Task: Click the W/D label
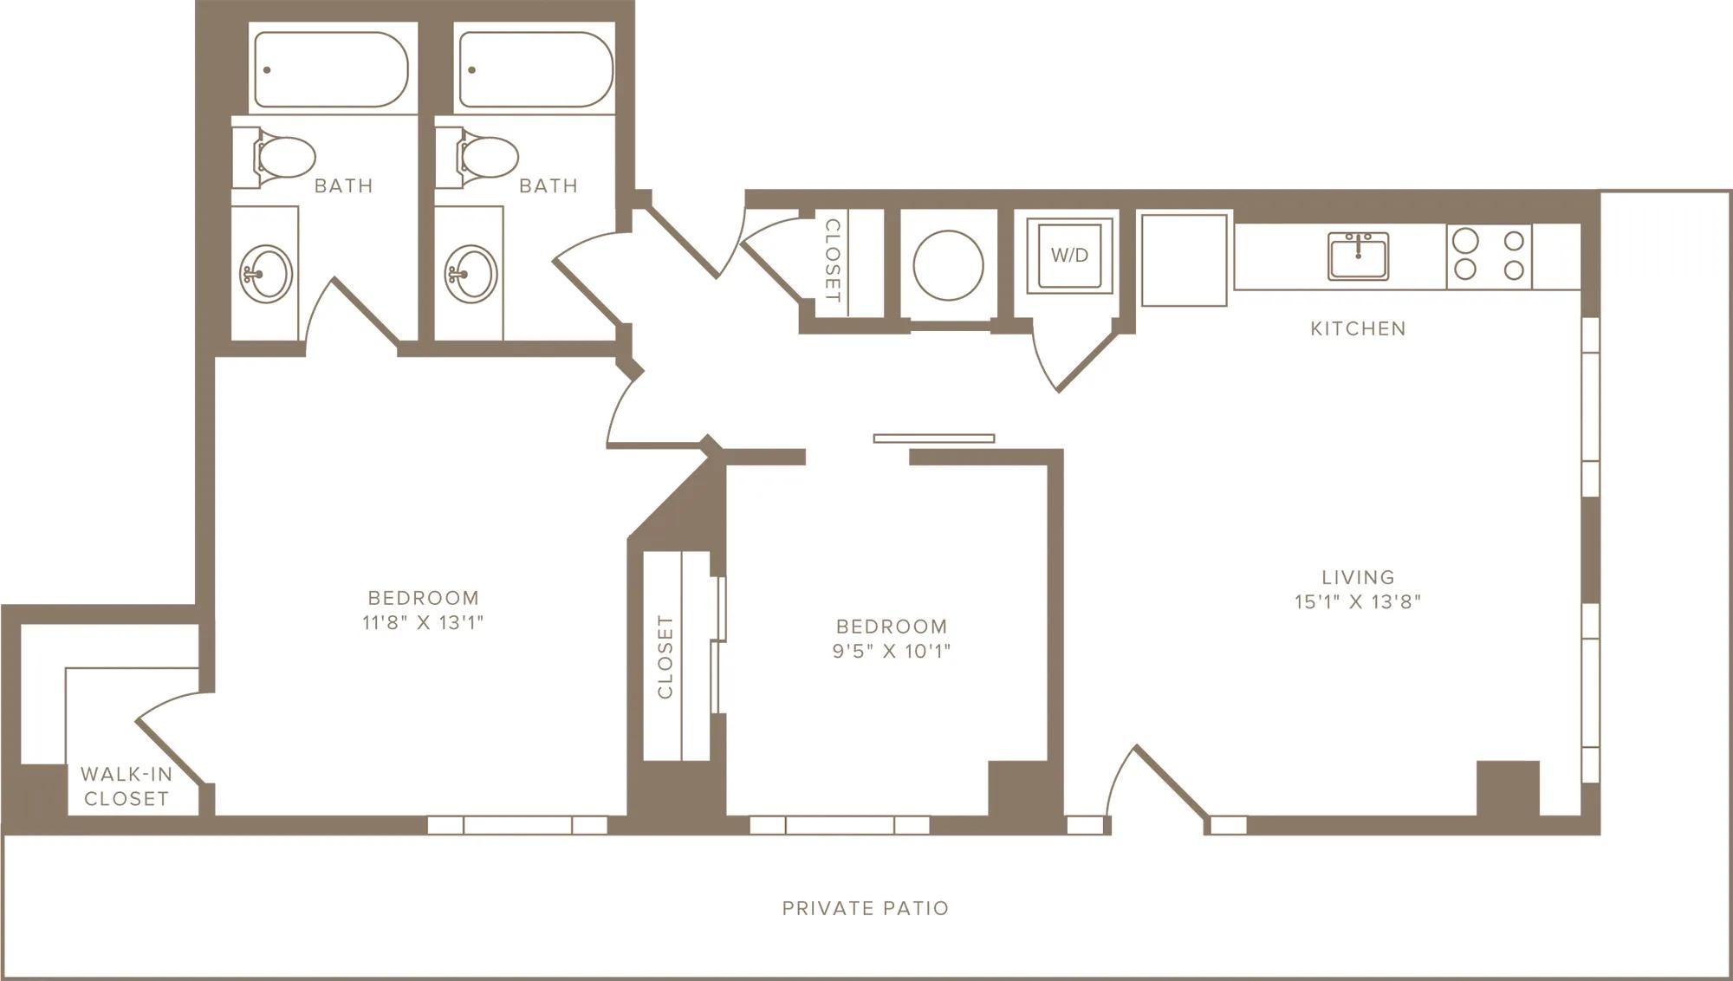[x=1069, y=256]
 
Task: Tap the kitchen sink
[x=1359, y=257]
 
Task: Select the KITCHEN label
[x=1358, y=328]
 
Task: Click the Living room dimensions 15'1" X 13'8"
[x=1358, y=601]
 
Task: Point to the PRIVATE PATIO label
[x=866, y=908]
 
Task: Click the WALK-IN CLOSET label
[x=127, y=786]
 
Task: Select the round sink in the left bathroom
[x=266, y=275]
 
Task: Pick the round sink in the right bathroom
[x=471, y=275]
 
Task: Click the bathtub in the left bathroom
[x=331, y=69]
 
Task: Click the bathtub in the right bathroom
[x=535, y=69]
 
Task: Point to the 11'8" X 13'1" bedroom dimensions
[x=423, y=622]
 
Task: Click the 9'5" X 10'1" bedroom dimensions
[x=892, y=651]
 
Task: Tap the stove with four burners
[x=1490, y=257]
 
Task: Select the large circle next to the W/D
[x=948, y=265]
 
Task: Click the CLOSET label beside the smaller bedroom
[x=665, y=657]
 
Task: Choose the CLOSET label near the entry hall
[x=832, y=260]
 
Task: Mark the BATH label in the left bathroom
[x=343, y=185]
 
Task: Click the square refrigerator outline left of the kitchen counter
[x=1185, y=260]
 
